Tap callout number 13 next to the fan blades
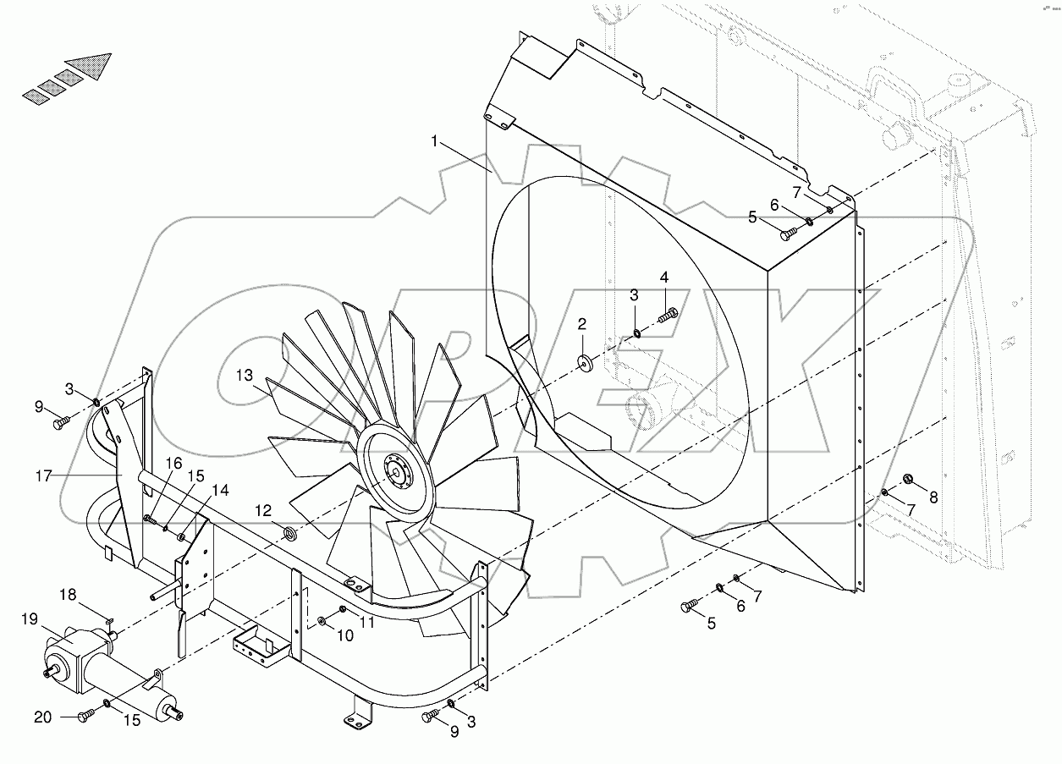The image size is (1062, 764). click(245, 376)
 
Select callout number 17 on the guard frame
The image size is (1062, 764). click(44, 476)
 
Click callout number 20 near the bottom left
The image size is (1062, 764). click(42, 717)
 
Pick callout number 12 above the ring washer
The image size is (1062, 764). click(264, 511)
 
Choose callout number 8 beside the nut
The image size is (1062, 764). click(933, 497)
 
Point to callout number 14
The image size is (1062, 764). click(220, 489)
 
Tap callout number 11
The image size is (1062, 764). click(367, 622)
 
